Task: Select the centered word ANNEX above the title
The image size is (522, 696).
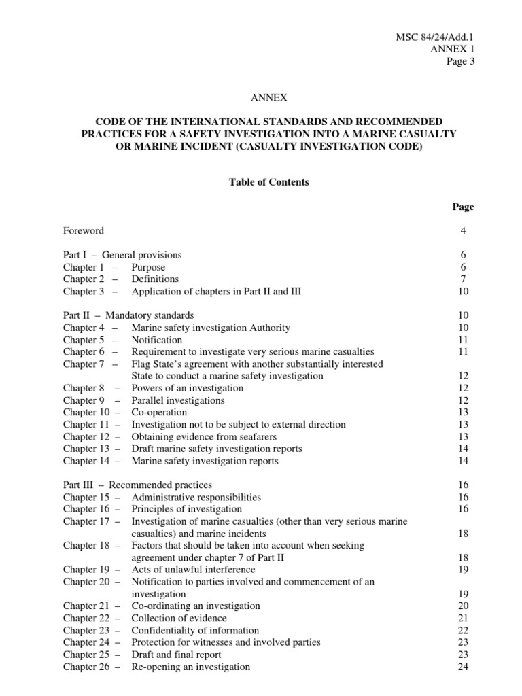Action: coord(261,98)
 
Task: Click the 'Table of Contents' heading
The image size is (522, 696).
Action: coord(261,182)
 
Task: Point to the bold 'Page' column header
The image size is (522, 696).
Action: coord(463,207)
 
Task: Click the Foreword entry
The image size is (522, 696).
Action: coord(84,231)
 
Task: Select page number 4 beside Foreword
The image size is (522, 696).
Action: coord(463,231)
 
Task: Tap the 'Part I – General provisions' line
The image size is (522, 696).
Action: coord(122,256)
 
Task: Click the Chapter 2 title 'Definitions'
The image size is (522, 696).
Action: coord(155,279)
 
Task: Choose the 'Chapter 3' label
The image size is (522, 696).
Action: coord(84,292)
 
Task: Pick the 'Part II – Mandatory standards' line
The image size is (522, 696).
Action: coord(128,316)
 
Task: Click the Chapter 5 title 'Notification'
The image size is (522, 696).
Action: coord(156,340)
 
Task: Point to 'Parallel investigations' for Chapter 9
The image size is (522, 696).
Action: coord(178,400)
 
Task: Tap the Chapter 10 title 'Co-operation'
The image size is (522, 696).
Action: coord(159,413)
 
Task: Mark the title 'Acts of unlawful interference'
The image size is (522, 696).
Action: coord(194,570)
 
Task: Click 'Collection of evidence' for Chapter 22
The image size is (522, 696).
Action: coord(179,619)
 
